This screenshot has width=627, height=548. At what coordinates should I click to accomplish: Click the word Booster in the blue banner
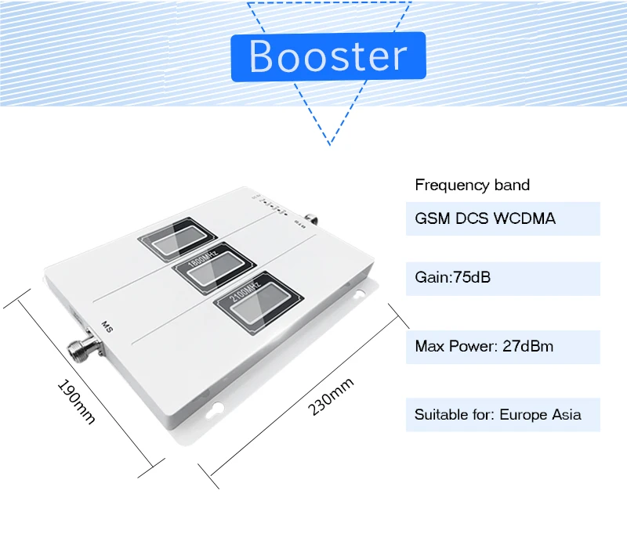coord(328,56)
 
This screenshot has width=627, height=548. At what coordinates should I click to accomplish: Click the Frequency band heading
coord(472,186)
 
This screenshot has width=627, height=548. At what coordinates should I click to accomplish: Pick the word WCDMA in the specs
coord(524,218)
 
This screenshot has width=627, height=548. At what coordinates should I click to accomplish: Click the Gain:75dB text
coord(453,277)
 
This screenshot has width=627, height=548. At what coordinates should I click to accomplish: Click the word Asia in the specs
coord(567,414)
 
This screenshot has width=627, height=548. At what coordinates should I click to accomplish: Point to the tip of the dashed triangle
coord(330,145)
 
